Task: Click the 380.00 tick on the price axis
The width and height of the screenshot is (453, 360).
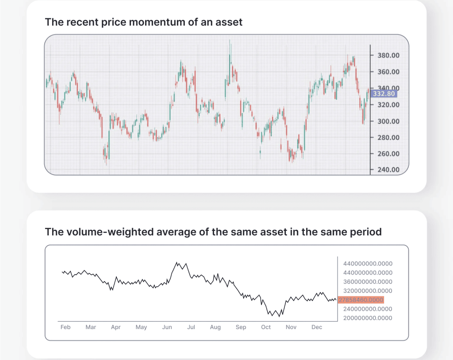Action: (388, 55)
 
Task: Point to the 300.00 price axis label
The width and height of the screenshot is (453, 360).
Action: (388, 121)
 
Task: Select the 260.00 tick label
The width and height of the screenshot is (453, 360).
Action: (388, 154)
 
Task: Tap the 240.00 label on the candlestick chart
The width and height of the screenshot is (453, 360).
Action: (388, 170)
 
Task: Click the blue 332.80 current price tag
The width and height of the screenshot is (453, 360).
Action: (384, 94)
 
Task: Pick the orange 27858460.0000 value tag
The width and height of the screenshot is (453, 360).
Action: (361, 300)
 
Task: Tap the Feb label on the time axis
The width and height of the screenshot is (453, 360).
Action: (65, 327)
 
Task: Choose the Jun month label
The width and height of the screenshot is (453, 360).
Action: (167, 327)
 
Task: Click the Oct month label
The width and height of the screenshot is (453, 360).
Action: (266, 327)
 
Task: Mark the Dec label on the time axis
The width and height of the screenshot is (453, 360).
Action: (317, 327)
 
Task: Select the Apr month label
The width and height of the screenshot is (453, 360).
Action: (116, 327)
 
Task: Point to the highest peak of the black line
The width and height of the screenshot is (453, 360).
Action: (177, 262)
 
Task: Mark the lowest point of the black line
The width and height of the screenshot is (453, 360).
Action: (279, 317)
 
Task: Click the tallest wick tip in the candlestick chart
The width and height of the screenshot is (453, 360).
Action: (230, 40)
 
